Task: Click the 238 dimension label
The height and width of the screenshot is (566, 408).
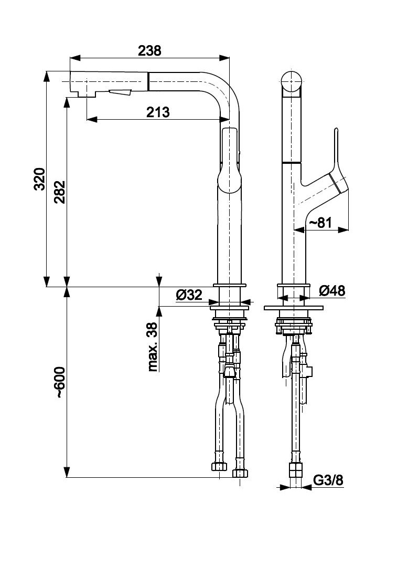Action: click(x=149, y=51)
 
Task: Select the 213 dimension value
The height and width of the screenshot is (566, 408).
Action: click(x=158, y=112)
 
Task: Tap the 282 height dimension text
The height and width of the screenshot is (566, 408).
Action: click(x=58, y=192)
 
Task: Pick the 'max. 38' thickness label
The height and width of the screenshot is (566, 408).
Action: click(x=153, y=347)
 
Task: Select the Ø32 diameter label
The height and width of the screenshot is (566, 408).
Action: click(x=189, y=295)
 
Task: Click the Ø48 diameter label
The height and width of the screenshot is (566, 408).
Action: click(x=331, y=291)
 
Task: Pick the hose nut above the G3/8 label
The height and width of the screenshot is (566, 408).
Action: click(x=296, y=468)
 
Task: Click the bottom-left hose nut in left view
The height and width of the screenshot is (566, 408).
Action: click(x=219, y=467)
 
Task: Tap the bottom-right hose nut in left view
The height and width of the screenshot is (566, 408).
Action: click(x=240, y=473)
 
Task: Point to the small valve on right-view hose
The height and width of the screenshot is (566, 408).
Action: click(x=309, y=372)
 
